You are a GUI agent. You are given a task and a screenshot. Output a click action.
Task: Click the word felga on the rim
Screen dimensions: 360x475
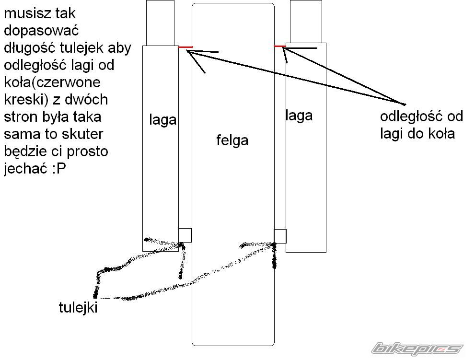(232, 140)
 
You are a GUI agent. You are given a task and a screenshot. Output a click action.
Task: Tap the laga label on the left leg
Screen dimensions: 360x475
(162, 120)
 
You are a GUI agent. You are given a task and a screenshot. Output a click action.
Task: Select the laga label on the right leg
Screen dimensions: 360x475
(299, 116)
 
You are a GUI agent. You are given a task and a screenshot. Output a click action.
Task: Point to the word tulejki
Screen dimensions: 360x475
(78, 307)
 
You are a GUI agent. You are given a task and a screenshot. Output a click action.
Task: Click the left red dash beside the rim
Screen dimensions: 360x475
(185, 47)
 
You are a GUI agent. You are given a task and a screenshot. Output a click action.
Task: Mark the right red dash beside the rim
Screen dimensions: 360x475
(279, 46)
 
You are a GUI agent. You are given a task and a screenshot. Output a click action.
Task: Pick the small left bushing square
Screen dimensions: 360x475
(185, 235)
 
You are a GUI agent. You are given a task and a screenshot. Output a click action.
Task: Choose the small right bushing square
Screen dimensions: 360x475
(280, 236)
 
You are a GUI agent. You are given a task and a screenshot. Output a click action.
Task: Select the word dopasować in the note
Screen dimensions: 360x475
(41, 31)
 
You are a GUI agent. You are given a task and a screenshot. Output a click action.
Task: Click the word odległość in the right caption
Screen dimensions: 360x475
(410, 116)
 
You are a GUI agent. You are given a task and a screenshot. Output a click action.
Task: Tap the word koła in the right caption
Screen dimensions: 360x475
(442, 133)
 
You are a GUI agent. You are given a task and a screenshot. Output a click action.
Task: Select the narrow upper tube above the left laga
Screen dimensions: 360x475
(160, 23)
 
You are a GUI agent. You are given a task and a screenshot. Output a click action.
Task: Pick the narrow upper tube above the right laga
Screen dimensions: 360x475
(306, 21)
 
